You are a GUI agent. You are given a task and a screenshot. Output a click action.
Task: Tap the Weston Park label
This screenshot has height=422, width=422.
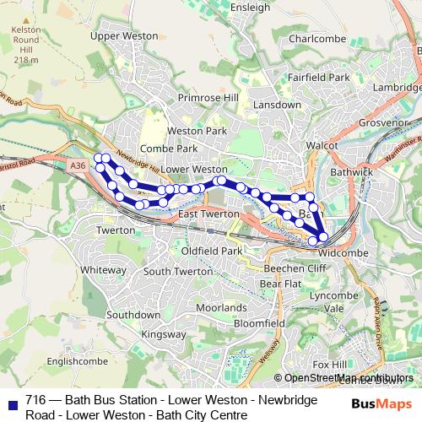(x=197, y=132)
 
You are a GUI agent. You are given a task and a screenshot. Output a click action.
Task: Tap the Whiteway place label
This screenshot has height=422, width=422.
(x=103, y=269)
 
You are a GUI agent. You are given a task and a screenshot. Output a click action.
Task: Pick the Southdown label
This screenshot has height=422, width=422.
(x=133, y=314)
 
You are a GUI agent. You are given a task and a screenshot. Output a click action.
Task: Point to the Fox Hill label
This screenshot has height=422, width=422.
(x=329, y=363)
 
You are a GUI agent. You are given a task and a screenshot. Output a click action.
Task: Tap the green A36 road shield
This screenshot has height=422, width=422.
(x=78, y=167)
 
